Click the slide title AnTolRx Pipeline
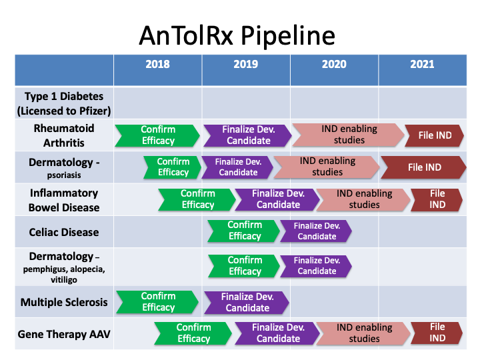pyautogui.click(x=237, y=35)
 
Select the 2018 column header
pyautogui.click(x=157, y=64)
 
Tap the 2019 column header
pyautogui.click(x=246, y=64)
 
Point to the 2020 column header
pyautogui.click(x=334, y=64)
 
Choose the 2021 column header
pyautogui.click(x=422, y=64)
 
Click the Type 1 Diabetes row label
pyautogui.click(x=64, y=103)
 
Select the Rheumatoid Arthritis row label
pyautogui.click(x=64, y=135)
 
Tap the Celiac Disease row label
pyautogui.click(x=64, y=233)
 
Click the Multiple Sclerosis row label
pyautogui.click(x=64, y=303)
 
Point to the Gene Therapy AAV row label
pyautogui.click(x=64, y=334)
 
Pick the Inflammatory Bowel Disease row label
pyautogui.click(x=64, y=200)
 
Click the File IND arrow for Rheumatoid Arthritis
pyautogui.click(x=435, y=135)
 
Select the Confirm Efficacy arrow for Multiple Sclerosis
pyautogui.click(x=157, y=302)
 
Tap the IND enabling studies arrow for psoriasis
pyautogui.click(x=327, y=167)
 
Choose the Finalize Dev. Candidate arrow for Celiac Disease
pyautogui.click(x=316, y=231)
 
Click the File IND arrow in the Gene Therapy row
pyautogui.click(x=437, y=333)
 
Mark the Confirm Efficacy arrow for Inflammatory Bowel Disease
pyautogui.click(x=197, y=199)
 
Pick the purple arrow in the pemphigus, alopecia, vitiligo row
pyautogui.click(x=316, y=266)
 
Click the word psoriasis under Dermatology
pyautogui.click(x=64, y=175)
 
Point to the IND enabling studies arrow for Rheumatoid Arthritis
pyautogui.click(x=349, y=135)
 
